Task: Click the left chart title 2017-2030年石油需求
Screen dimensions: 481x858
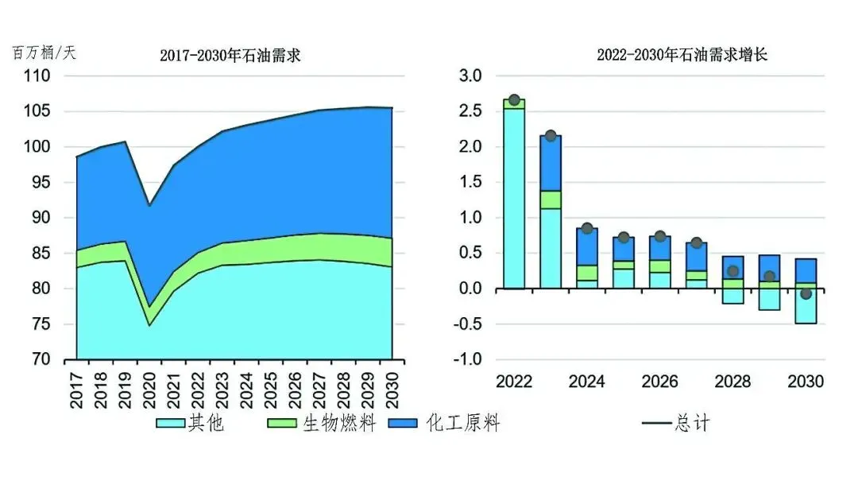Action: click(x=230, y=56)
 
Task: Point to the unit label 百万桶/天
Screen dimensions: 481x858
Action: click(x=44, y=53)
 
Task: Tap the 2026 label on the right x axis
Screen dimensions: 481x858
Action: click(x=660, y=382)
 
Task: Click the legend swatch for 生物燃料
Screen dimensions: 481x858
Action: click(x=284, y=424)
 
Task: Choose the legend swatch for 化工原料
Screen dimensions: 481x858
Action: click(x=406, y=424)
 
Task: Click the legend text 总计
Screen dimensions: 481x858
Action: click(x=691, y=424)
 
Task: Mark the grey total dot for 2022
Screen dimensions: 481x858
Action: click(x=514, y=100)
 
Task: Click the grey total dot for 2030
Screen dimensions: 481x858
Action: click(x=806, y=294)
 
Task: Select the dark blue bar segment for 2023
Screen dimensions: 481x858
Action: click(x=551, y=163)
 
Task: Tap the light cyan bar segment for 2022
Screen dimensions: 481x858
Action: click(x=514, y=198)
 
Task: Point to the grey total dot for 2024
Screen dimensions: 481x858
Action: click(x=587, y=228)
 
